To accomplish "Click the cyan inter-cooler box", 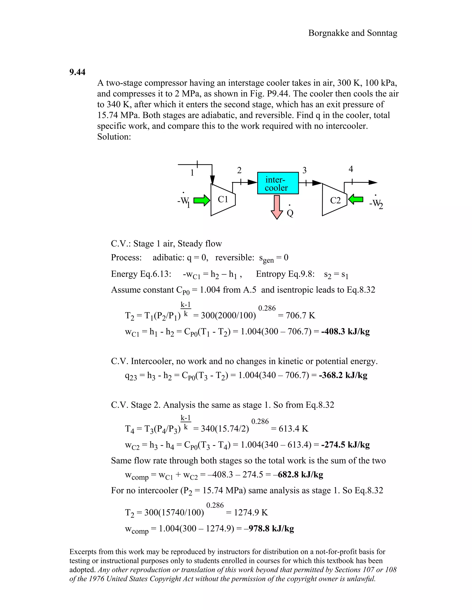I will point(278,183).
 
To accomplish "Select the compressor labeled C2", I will point(334,200).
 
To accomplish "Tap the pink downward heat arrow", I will point(277,207).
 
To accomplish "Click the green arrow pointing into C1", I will point(202,200).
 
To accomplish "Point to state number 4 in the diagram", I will point(351,169).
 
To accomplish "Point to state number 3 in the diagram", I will point(304,170).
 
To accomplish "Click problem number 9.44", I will point(77,72).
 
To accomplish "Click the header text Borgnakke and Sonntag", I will point(353,33).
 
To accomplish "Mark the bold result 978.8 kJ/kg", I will point(271,529).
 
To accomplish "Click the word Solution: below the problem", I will point(114,137).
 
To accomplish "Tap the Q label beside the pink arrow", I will point(290,214).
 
